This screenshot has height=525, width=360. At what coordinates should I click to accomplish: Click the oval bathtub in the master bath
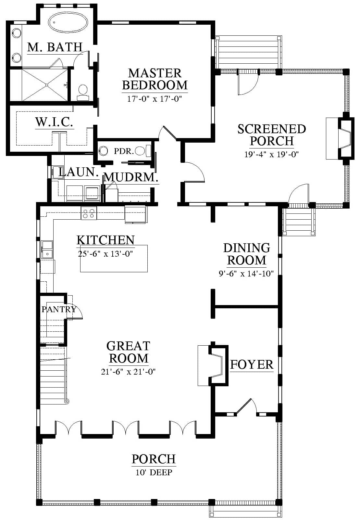click(x=68, y=23)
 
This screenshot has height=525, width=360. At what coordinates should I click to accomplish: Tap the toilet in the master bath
click(x=83, y=93)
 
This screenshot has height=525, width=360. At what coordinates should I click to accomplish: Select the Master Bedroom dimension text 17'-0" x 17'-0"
click(x=155, y=99)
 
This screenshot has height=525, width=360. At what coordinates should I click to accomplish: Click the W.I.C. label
click(x=54, y=122)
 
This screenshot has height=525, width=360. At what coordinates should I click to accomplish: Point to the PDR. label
click(x=124, y=151)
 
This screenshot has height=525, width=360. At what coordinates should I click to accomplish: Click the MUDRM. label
click(x=131, y=177)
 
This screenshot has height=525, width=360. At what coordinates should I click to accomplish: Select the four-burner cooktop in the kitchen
click(x=89, y=213)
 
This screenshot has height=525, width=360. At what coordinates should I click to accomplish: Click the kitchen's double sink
click(x=47, y=249)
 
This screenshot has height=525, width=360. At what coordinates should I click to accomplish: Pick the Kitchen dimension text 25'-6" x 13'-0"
click(x=106, y=254)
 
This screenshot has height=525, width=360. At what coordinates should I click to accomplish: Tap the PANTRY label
click(x=59, y=309)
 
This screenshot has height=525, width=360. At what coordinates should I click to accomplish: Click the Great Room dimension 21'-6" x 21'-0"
click(x=128, y=371)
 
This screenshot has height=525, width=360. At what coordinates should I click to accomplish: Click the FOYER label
click(x=252, y=365)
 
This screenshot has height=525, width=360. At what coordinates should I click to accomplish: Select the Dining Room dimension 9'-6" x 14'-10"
click(x=246, y=273)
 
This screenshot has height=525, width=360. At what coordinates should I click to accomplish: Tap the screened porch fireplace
click(x=340, y=139)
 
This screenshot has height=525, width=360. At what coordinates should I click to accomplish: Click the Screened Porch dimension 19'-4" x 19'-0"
click(x=272, y=154)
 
